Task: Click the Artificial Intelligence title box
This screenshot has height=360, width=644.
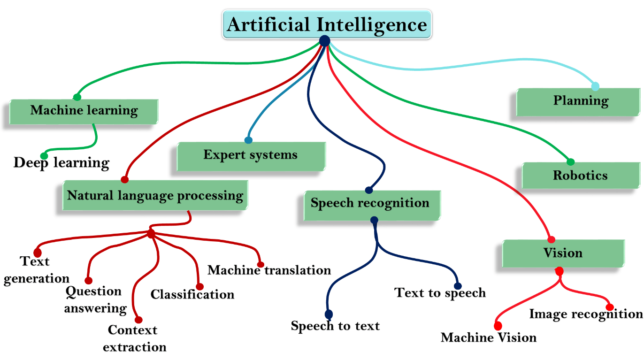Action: tap(327, 24)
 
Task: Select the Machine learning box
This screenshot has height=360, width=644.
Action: tap(84, 112)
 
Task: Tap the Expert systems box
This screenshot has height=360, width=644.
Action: tap(251, 156)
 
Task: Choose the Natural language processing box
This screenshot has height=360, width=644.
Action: tap(155, 196)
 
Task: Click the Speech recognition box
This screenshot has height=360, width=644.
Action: tap(372, 206)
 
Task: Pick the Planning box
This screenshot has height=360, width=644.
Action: tap(578, 102)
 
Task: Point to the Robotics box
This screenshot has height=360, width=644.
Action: tap(581, 176)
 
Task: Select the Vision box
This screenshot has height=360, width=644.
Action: tap(563, 253)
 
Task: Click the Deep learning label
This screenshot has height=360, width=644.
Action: tap(61, 163)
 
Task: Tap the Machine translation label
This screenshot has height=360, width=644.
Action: tap(269, 270)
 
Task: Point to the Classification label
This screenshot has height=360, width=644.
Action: tap(192, 294)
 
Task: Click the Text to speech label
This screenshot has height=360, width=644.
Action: tap(440, 293)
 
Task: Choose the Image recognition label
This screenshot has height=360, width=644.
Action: tap(586, 314)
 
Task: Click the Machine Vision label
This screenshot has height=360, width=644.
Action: tap(489, 337)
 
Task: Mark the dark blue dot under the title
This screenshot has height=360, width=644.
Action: tap(325, 41)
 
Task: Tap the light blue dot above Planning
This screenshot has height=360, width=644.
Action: tap(595, 86)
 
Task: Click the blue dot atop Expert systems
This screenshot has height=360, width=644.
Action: tap(248, 140)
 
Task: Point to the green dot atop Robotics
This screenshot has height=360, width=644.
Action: tap(570, 162)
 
